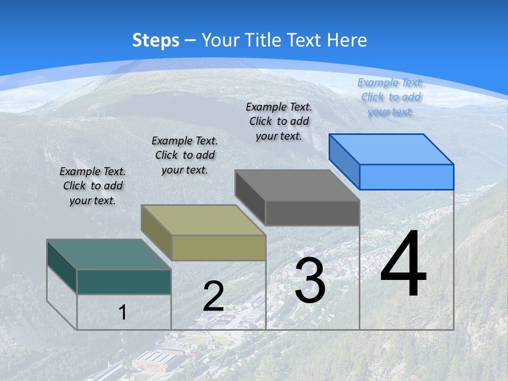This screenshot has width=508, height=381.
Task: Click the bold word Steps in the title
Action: (156, 40)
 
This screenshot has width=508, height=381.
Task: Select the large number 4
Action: (403, 265)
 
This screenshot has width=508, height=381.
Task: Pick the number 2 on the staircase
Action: (213, 296)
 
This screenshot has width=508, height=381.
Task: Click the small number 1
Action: (123, 312)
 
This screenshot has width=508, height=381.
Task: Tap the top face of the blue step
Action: (391, 149)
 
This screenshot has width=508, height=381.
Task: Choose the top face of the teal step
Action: (108, 255)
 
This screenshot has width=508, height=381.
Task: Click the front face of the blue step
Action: (406, 177)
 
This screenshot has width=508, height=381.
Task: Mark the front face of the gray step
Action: (312, 213)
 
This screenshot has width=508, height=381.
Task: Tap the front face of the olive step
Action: (219, 248)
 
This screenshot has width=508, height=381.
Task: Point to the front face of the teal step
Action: (124, 282)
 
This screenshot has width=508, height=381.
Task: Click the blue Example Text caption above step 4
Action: (391, 97)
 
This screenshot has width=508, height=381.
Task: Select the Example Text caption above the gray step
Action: (279, 121)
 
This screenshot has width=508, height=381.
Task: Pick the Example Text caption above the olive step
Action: (185, 155)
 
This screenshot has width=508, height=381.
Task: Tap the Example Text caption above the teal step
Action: (93, 186)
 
